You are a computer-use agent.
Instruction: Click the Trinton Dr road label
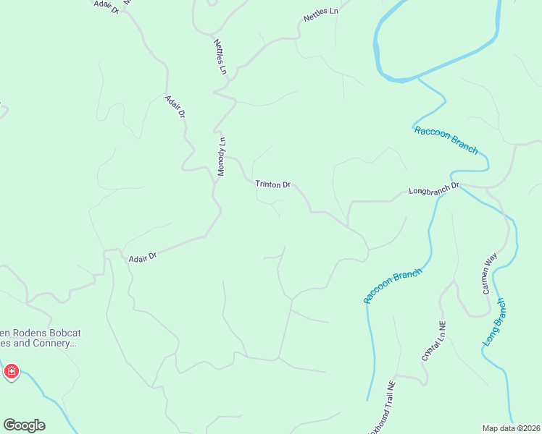click(x=272, y=184)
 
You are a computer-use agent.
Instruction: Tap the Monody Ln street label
click(x=222, y=156)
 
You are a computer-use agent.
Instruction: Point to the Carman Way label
click(x=491, y=273)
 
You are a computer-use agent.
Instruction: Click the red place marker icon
click(x=11, y=372)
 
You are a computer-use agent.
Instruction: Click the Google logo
click(x=24, y=425)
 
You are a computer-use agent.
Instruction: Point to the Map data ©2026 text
click(x=511, y=428)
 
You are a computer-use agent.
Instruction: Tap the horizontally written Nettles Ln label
click(x=320, y=14)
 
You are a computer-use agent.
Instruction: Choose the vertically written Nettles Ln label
click(x=220, y=57)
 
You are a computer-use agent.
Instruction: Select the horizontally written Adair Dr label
click(x=142, y=257)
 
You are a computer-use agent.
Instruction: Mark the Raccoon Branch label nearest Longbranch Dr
click(x=446, y=140)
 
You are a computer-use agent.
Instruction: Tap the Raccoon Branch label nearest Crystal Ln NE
click(x=392, y=286)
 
